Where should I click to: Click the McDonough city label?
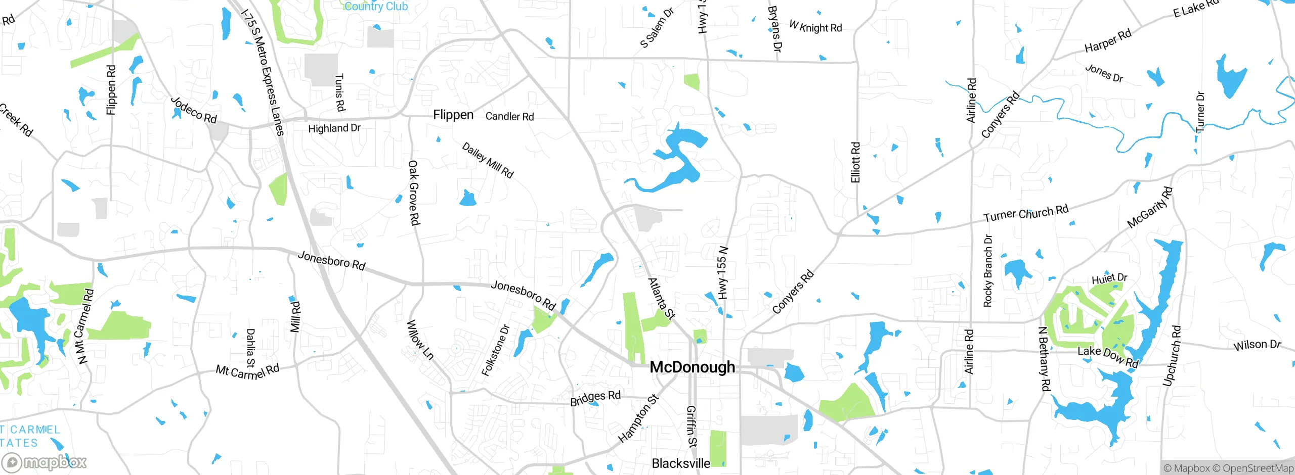point(692,367)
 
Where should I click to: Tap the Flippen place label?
point(453,115)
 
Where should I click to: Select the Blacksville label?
point(680,463)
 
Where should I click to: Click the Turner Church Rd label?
point(1025,213)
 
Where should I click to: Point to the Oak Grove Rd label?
point(414,193)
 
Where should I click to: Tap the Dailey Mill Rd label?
point(488,160)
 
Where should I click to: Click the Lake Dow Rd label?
point(1107,357)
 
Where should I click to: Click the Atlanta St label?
point(661,299)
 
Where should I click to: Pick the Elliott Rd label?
point(855,162)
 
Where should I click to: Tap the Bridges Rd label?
point(595,398)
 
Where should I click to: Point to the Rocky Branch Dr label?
point(988,271)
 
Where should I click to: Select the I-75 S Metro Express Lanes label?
point(263,72)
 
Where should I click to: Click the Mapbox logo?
point(45,462)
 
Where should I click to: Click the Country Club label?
point(376,6)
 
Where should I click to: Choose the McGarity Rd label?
point(1150,207)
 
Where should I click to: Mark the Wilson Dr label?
point(1257,345)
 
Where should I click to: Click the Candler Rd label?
point(509,117)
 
